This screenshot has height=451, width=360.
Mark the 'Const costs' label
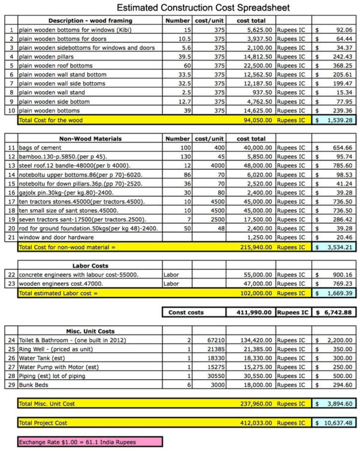point(186,312)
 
